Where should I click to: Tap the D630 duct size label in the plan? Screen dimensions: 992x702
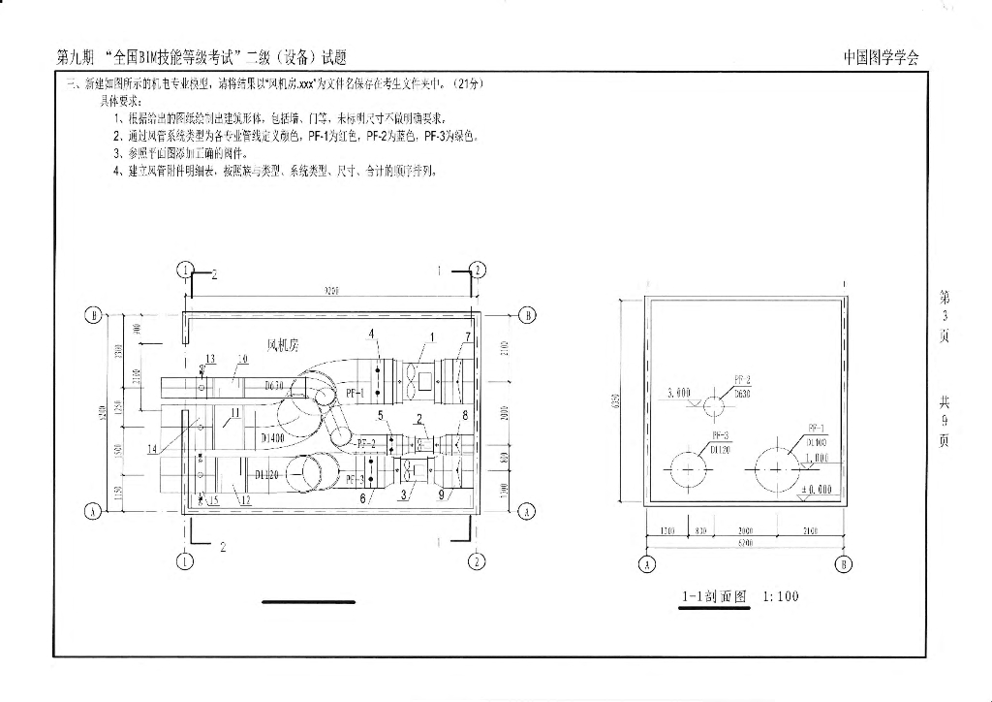click(x=276, y=386)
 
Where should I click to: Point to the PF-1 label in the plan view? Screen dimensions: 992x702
click(x=354, y=395)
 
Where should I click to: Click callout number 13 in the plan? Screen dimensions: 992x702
click(x=210, y=359)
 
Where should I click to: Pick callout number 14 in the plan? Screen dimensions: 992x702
click(x=152, y=448)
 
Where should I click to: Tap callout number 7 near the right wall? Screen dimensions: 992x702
click(x=467, y=336)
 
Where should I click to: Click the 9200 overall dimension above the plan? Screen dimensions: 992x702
click(x=330, y=291)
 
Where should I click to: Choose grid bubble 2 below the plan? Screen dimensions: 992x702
click(x=477, y=560)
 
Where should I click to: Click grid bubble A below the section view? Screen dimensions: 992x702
click(x=647, y=563)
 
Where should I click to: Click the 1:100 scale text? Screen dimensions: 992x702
click(x=781, y=596)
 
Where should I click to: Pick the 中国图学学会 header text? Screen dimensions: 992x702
click(x=881, y=57)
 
